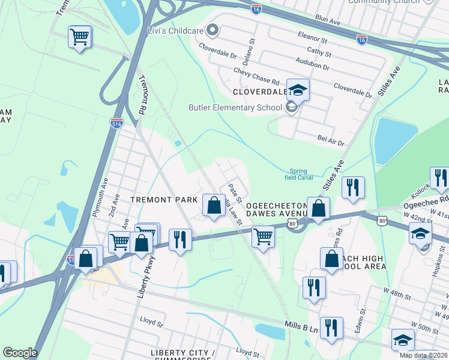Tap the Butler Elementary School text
pos(235,108)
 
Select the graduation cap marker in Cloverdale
pos(297,91)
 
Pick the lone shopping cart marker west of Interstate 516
pos(79,37)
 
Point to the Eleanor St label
pos(311,40)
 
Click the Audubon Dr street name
pos(313,64)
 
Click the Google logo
pos(20,353)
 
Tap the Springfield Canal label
pos(298,173)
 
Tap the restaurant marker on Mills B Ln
pos(331,328)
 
